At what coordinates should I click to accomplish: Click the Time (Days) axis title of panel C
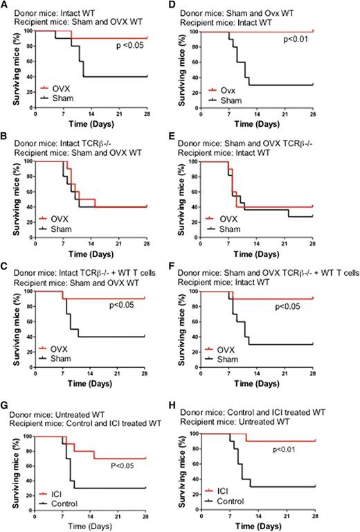tap(91, 378)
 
